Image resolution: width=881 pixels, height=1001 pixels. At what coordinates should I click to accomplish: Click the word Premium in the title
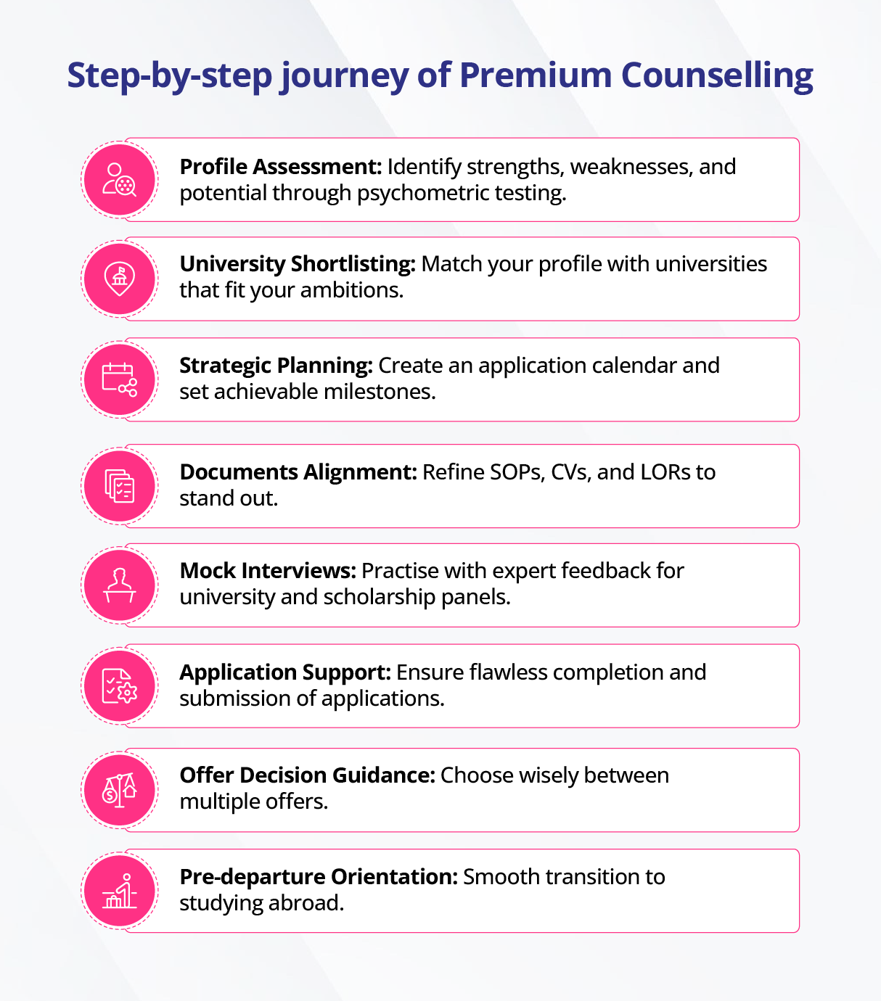tap(536, 75)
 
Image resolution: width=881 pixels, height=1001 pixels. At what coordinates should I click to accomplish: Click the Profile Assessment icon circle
tap(120, 179)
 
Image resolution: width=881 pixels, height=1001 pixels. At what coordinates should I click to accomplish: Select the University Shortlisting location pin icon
tap(120, 279)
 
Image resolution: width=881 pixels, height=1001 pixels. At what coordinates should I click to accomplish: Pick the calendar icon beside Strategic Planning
tap(120, 379)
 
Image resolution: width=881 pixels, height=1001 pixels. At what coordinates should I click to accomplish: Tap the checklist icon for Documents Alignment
tap(120, 486)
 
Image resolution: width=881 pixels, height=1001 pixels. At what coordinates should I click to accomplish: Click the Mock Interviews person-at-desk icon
tap(120, 585)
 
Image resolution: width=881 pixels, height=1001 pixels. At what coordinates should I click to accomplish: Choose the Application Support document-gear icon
tap(120, 685)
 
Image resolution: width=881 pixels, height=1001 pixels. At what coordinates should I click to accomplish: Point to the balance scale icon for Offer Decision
tap(120, 790)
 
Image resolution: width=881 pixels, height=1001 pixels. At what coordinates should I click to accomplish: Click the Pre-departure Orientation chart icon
tap(120, 891)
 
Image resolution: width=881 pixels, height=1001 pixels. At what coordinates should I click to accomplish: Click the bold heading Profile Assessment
tap(280, 167)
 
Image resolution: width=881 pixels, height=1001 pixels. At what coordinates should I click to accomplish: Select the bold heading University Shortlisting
tap(298, 264)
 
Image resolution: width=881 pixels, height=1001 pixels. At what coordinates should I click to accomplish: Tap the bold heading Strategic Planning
tap(276, 366)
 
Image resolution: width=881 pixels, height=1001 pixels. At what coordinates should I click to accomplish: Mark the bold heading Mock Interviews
tap(268, 571)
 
